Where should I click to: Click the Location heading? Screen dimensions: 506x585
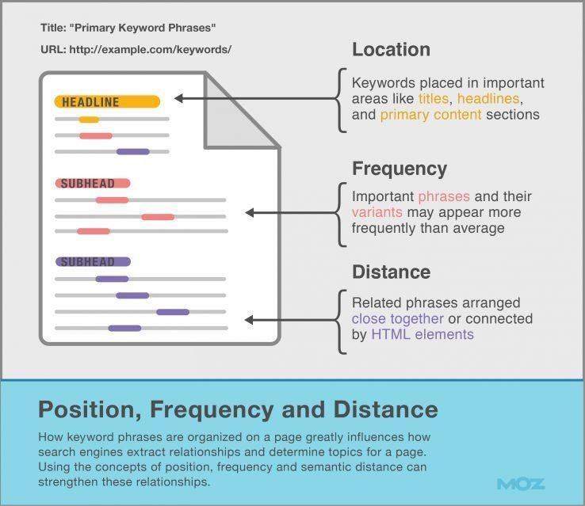coord(391,50)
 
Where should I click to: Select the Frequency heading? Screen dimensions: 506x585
coord(400,169)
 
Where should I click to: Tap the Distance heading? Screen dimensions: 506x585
coord(391,272)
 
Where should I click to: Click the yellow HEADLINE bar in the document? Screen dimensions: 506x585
coord(107,101)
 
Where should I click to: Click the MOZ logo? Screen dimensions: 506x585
coord(521,483)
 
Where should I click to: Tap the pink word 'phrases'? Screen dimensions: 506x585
coord(443,196)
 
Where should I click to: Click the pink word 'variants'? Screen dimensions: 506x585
coord(377,212)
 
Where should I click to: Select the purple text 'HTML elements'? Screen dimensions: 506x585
coord(422,334)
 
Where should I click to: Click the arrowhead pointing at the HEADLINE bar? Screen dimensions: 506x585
coord(179,99)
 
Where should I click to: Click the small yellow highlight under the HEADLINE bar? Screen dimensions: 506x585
coord(89,120)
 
